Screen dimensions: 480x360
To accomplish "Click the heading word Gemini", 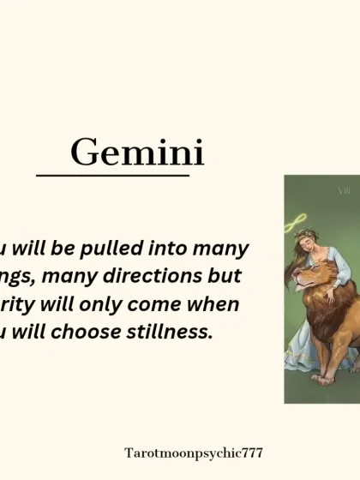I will [137, 153].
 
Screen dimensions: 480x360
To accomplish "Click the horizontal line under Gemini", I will [112, 177].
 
